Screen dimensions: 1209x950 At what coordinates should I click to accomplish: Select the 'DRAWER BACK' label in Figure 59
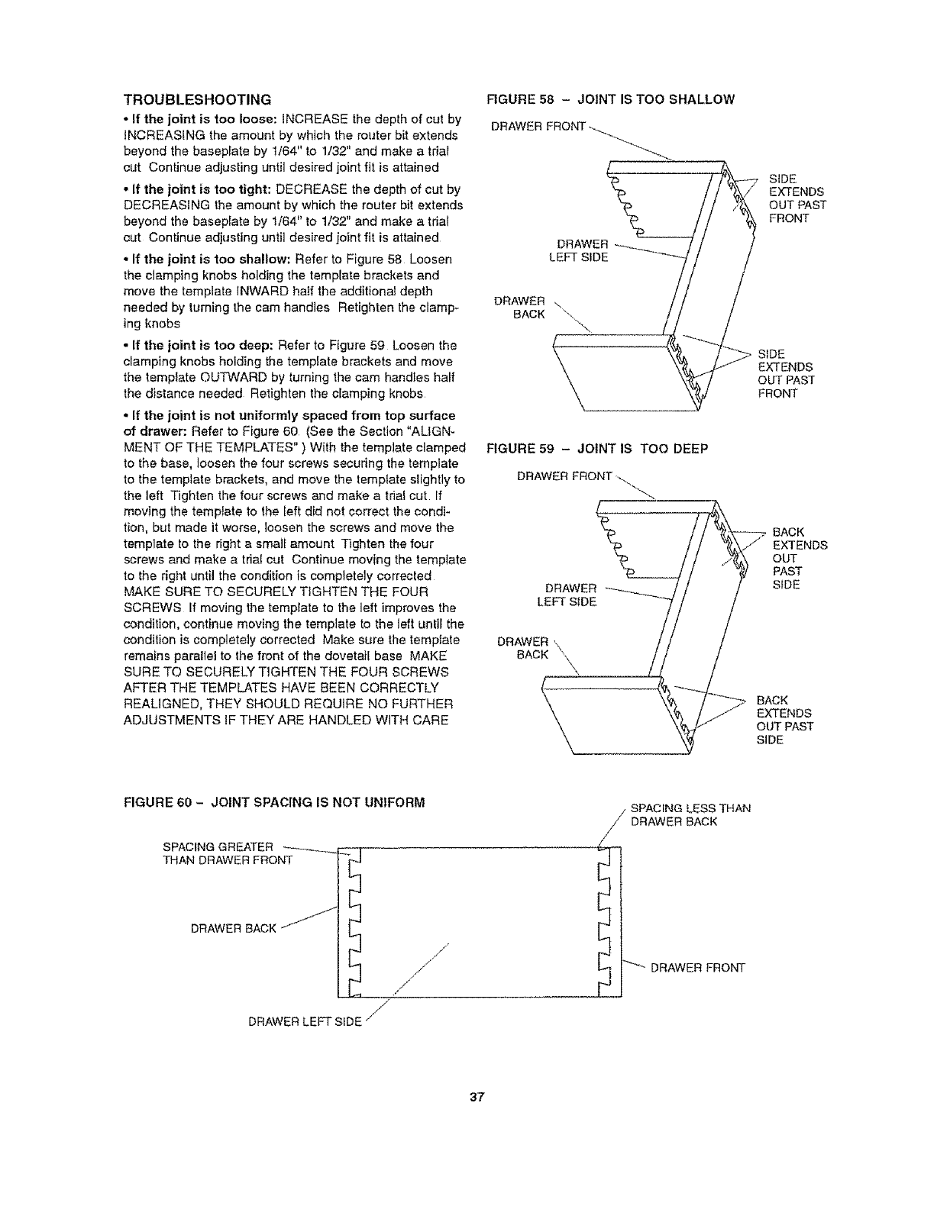523,647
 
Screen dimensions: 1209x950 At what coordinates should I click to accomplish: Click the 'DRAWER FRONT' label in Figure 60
696,969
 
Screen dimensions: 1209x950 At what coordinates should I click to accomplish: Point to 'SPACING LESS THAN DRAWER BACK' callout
690,814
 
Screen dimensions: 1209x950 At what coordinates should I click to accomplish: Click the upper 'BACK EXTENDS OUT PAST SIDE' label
800,558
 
